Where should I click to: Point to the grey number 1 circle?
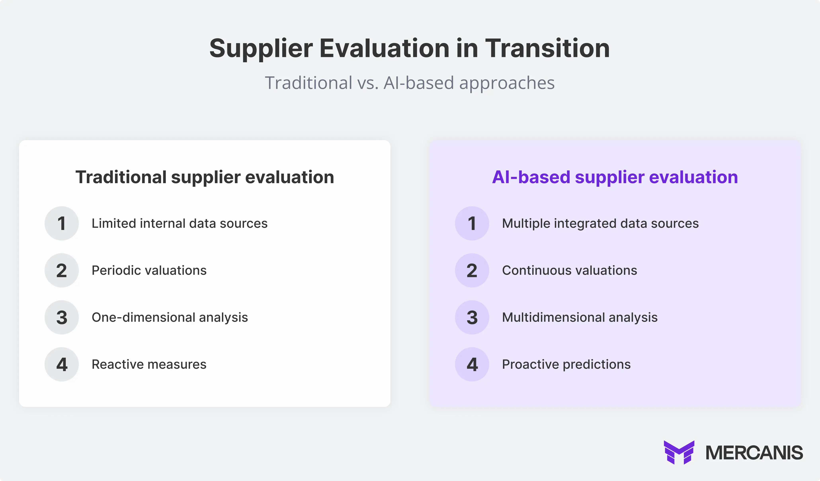[61, 223]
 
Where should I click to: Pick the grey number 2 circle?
[61, 270]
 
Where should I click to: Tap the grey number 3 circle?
[61, 317]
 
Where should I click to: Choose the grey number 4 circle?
[61, 364]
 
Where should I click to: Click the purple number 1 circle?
[472, 223]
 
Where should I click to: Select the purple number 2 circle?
[472, 270]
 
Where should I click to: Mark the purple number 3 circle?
[472, 317]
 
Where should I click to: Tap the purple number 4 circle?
[472, 364]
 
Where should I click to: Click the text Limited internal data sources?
[179, 223]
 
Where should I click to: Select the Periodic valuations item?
[149, 270]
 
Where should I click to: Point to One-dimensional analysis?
[170, 317]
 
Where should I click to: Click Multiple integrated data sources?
[600, 223]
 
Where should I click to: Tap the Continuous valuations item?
[569, 270]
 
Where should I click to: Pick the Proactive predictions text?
[566, 364]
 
